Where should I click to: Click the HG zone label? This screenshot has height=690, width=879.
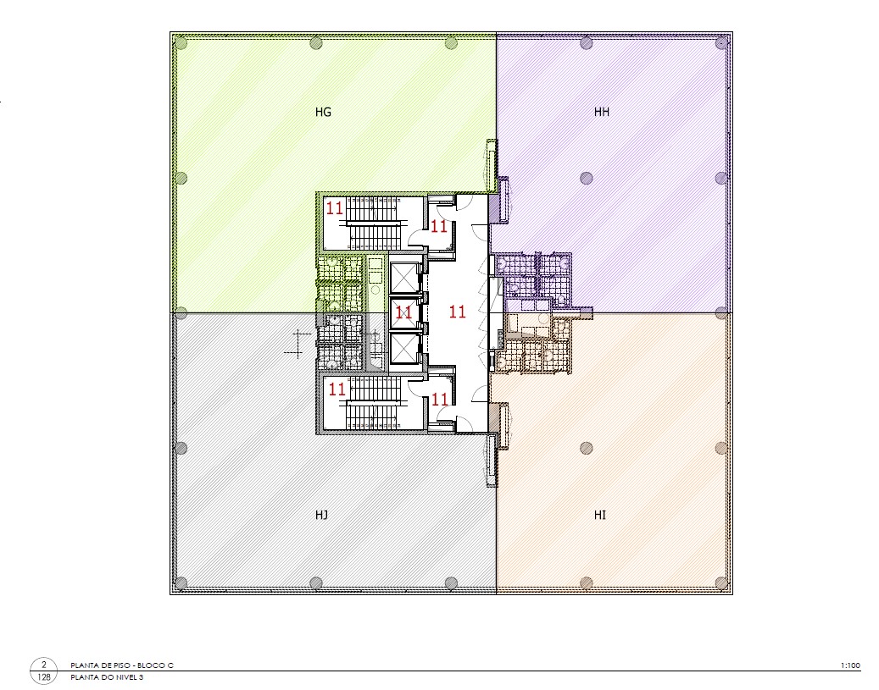[x=323, y=112]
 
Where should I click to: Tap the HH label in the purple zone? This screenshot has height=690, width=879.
[x=602, y=112]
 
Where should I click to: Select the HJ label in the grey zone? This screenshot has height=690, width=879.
[x=321, y=515]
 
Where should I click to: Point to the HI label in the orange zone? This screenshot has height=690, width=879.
[x=600, y=515]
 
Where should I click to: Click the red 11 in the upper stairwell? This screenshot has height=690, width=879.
[x=335, y=208]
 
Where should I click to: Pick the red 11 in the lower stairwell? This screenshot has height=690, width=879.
[x=337, y=389]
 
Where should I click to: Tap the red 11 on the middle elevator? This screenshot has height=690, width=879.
[x=403, y=312]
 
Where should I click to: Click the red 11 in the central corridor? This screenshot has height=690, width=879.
[x=458, y=312]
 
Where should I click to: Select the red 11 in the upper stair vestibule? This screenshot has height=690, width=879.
[x=439, y=226]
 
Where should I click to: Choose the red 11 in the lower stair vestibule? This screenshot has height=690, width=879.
[x=440, y=400]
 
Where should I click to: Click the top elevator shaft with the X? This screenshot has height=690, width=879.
[x=403, y=277]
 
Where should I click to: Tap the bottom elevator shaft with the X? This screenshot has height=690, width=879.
[x=403, y=348]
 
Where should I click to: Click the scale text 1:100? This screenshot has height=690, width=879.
[x=850, y=665]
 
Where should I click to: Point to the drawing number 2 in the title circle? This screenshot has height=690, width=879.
[x=44, y=665]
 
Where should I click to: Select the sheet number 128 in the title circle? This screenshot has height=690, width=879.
[x=44, y=677]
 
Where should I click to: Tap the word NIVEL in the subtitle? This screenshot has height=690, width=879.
[x=125, y=677]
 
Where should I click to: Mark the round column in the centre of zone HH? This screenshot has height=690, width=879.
[x=586, y=178]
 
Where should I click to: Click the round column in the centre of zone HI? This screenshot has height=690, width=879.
[x=586, y=448]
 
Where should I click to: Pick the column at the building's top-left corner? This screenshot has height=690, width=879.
[x=181, y=42]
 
